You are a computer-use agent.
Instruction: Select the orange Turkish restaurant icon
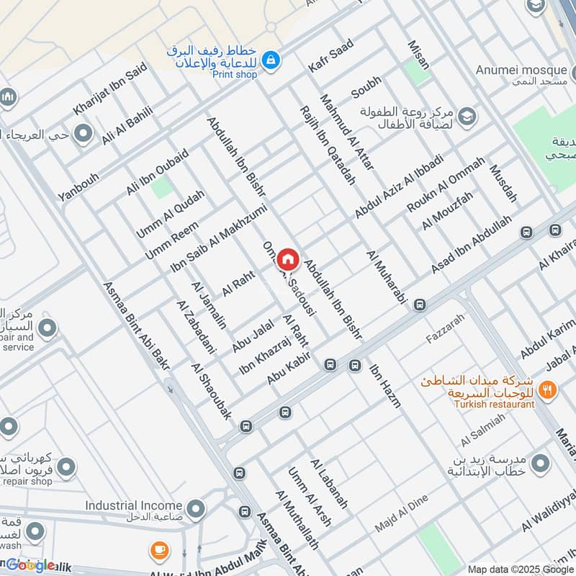pos(549,390)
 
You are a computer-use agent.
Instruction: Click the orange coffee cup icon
pos(160,551)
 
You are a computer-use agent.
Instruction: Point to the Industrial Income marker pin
pos(194,506)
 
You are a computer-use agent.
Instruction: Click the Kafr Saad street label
pos(330,56)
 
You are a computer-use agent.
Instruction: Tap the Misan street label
pos(418,55)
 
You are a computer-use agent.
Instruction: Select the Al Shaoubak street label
pos(212,392)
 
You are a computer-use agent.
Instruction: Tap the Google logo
pos(30,565)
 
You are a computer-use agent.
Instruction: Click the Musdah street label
pos(503,183)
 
